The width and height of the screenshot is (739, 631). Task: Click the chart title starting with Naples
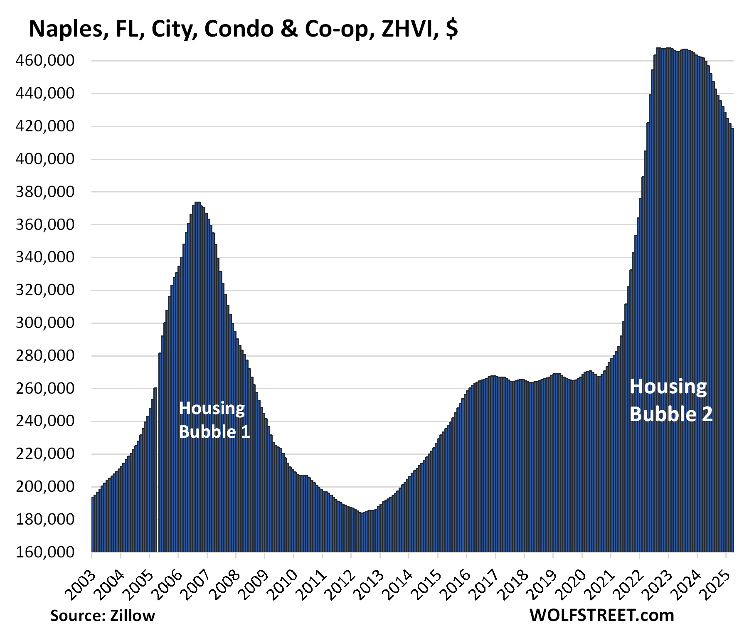pyautogui.click(x=243, y=29)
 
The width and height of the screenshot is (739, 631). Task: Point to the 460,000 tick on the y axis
pyautogui.click(x=45, y=61)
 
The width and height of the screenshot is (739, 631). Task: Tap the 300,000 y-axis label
pyautogui.click(x=45, y=323)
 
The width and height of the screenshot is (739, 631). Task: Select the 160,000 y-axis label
pyautogui.click(x=45, y=552)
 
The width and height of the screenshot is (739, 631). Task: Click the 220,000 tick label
pyautogui.click(x=45, y=454)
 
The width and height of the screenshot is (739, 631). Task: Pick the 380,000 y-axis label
pyautogui.click(x=45, y=192)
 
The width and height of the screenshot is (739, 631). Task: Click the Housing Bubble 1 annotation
pyautogui.click(x=214, y=420)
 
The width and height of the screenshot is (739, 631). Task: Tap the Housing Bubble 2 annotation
pyautogui.click(x=670, y=401)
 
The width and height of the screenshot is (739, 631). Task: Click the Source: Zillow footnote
pyautogui.click(x=102, y=616)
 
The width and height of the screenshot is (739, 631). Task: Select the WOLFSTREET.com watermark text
pyautogui.click(x=601, y=615)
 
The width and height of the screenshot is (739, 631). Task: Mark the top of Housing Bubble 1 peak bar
pyautogui.click(x=197, y=203)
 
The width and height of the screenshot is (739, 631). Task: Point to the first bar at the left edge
pyautogui.click(x=93, y=524)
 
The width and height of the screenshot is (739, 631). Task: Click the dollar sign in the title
pyautogui.click(x=452, y=29)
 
